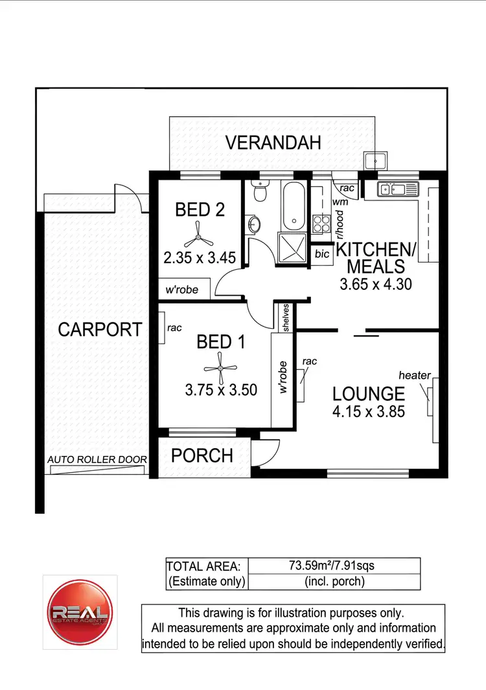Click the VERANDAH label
(x=273, y=143)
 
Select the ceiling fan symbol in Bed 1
(x=221, y=368)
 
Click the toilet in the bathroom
(x=260, y=192)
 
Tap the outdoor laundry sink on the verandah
(x=375, y=160)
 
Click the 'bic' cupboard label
(x=322, y=254)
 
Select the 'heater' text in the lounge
(x=415, y=375)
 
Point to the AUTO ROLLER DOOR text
(x=97, y=460)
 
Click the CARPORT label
(x=100, y=329)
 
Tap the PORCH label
(x=202, y=455)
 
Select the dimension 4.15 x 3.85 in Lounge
(x=369, y=410)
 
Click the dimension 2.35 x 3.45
(x=199, y=258)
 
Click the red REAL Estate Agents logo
(x=80, y=612)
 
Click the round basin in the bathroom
(x=254, y=224)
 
